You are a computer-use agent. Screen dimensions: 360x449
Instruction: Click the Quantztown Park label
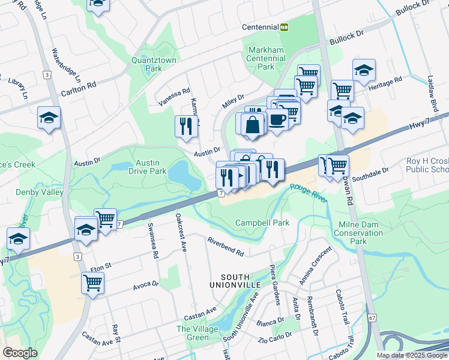click(146, 64)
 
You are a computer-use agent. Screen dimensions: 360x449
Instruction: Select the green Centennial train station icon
click(285, 27)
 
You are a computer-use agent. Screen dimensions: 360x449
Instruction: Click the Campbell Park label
click(262, 223)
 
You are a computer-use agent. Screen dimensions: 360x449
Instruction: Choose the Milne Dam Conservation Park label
click(358, 233)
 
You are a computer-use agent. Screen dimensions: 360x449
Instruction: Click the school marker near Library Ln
click(49, 118)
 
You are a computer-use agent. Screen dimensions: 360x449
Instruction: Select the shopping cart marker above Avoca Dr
click(92, 282)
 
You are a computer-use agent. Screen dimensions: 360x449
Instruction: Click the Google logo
click(20, 352)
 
